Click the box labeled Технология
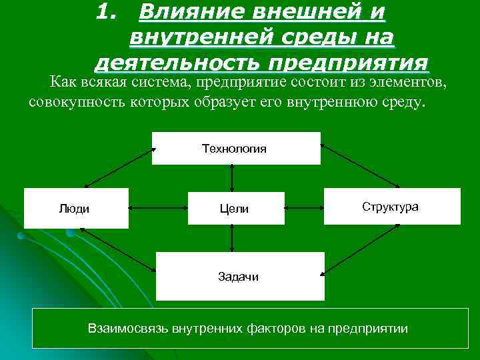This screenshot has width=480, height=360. click(236, 148)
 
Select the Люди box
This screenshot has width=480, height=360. click(75, 209)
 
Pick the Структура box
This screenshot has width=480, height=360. click(391, 206)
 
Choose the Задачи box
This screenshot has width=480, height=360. click(239, 276)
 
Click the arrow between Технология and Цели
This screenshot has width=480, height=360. click(232, 178)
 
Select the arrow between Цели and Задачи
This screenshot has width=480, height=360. click(232, 238)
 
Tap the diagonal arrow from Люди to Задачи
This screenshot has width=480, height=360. click(117, 250)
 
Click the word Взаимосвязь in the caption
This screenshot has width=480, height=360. click(127, 329)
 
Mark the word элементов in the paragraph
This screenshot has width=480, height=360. click(411, 82)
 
